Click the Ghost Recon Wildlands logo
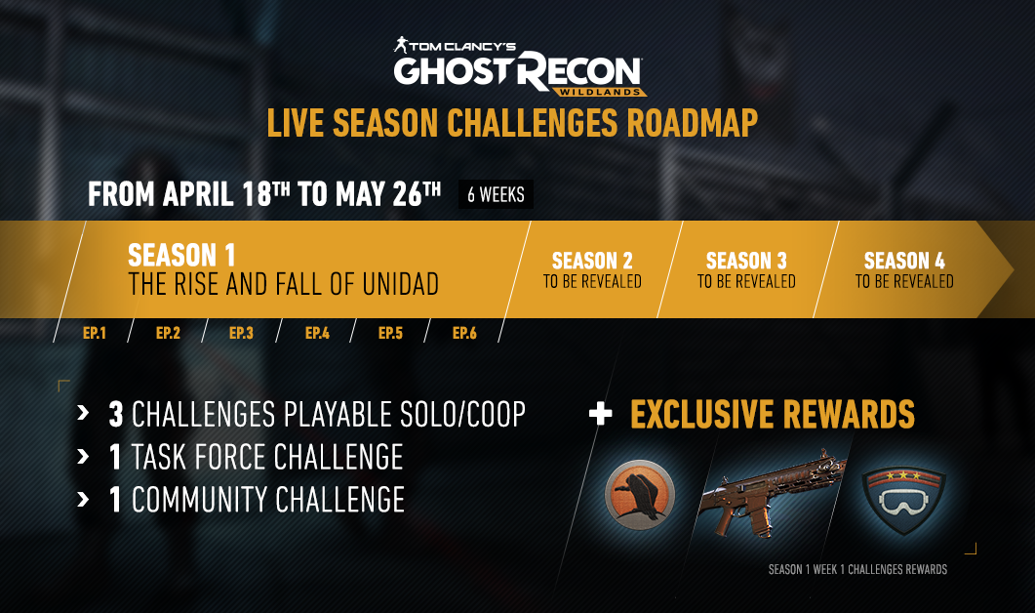(520, 67)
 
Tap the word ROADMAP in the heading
(693, 124)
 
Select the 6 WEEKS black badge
(496, 194)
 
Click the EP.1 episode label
(95, 333)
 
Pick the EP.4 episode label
(317, 333)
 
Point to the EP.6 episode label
(464, 333)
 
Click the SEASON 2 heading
(592, 261)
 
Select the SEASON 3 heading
(746, 261)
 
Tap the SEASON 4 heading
(904, 261)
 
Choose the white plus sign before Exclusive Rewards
(600, 414)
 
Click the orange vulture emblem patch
(640, 495)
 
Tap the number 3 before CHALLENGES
(116, 415)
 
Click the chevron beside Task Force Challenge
(83, 457)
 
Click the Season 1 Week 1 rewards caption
(857, 569)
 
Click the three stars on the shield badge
(903, 475)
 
